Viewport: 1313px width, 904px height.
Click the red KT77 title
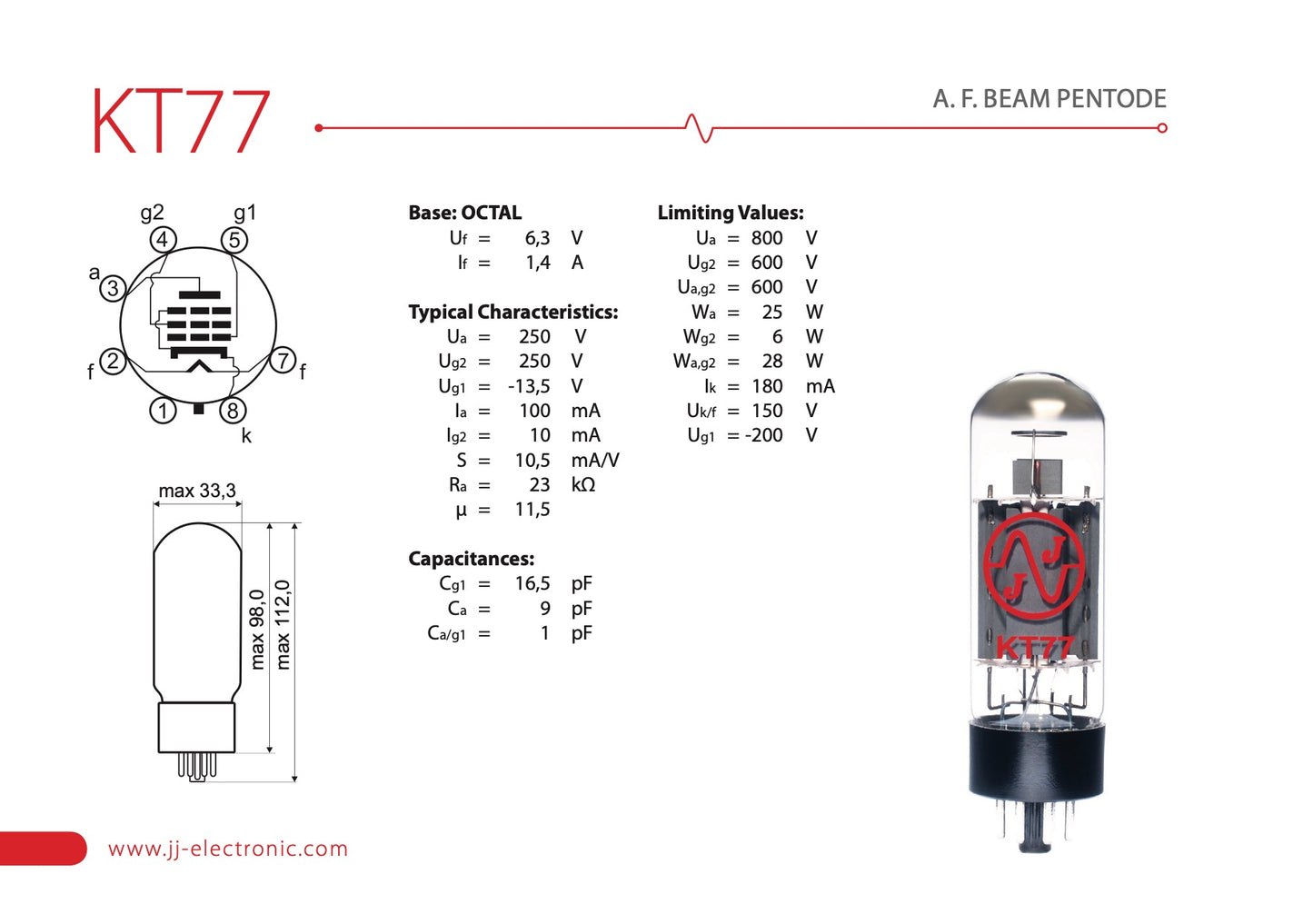[180, 122]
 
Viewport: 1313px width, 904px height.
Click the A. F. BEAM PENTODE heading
[1049, 99]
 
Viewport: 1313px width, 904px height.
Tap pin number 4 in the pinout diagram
[163, 240]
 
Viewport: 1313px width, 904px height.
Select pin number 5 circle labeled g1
[234, 240]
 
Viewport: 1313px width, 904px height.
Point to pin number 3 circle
[112, 289]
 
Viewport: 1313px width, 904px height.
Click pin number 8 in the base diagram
[233, 411]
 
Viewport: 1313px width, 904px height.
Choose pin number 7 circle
[283, 361]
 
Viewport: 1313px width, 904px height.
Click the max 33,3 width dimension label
[197, 491]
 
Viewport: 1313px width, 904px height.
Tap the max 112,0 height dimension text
[283, 625]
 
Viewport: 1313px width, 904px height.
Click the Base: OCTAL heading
[464, 213]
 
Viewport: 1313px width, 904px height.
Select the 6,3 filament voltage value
[537, 238]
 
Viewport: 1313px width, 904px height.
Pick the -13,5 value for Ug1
[529, 386]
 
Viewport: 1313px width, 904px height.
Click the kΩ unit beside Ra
[583, 485]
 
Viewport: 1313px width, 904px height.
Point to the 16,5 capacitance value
[532, 583]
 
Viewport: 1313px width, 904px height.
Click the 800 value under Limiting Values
[766, 238]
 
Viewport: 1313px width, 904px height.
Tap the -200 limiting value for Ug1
[763, 435]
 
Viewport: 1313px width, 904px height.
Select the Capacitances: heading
[471, 559]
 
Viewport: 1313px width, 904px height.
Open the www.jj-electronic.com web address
[228, 849]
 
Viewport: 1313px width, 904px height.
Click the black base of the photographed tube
[1036, 759]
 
